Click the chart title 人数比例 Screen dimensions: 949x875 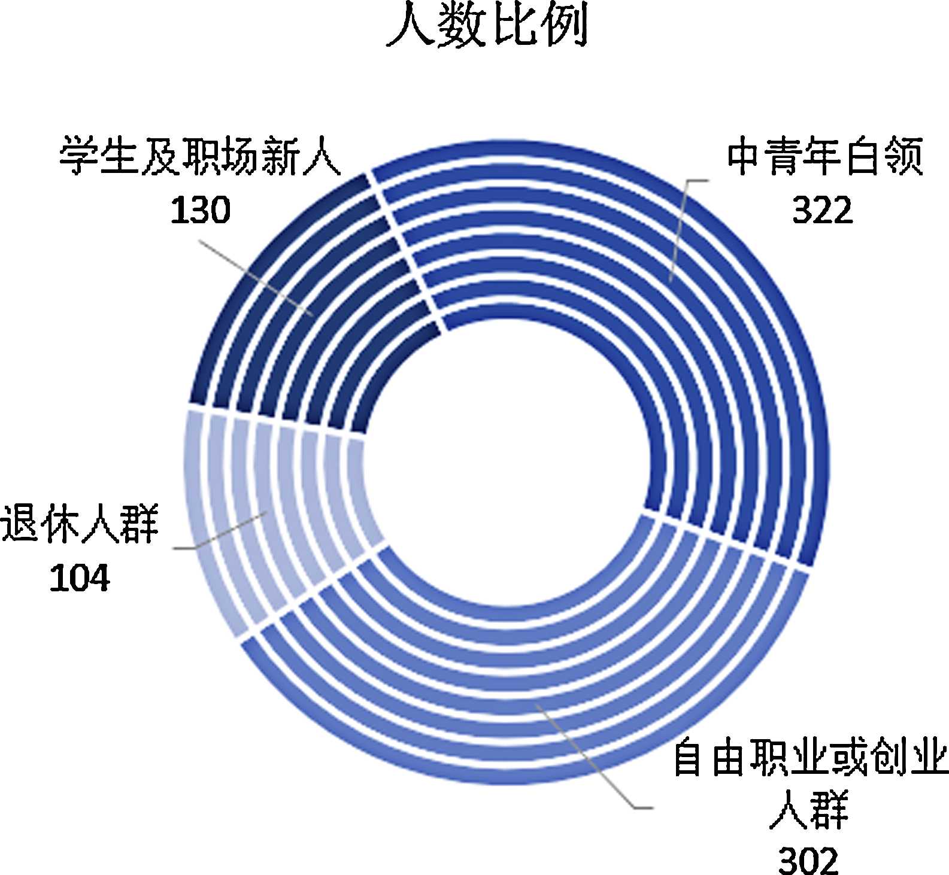(486, 25)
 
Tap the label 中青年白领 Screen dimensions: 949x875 (824, 157)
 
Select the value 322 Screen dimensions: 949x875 (822, 210)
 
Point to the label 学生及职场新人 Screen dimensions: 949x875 (200, 157)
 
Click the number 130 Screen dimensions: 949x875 (200, 210)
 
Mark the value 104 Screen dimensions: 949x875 (80, 578)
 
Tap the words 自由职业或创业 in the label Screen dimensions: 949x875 (810, 758)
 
